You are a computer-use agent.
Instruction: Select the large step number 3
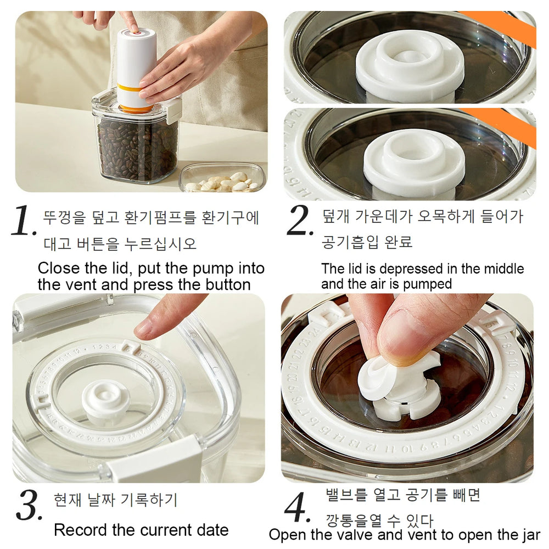(29, 506)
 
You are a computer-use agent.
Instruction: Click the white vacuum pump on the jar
(136, 66)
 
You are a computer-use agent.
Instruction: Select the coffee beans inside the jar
(137, 148)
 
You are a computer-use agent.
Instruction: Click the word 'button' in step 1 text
(226, 284)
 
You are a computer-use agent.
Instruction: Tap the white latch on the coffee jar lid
(173, 110)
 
